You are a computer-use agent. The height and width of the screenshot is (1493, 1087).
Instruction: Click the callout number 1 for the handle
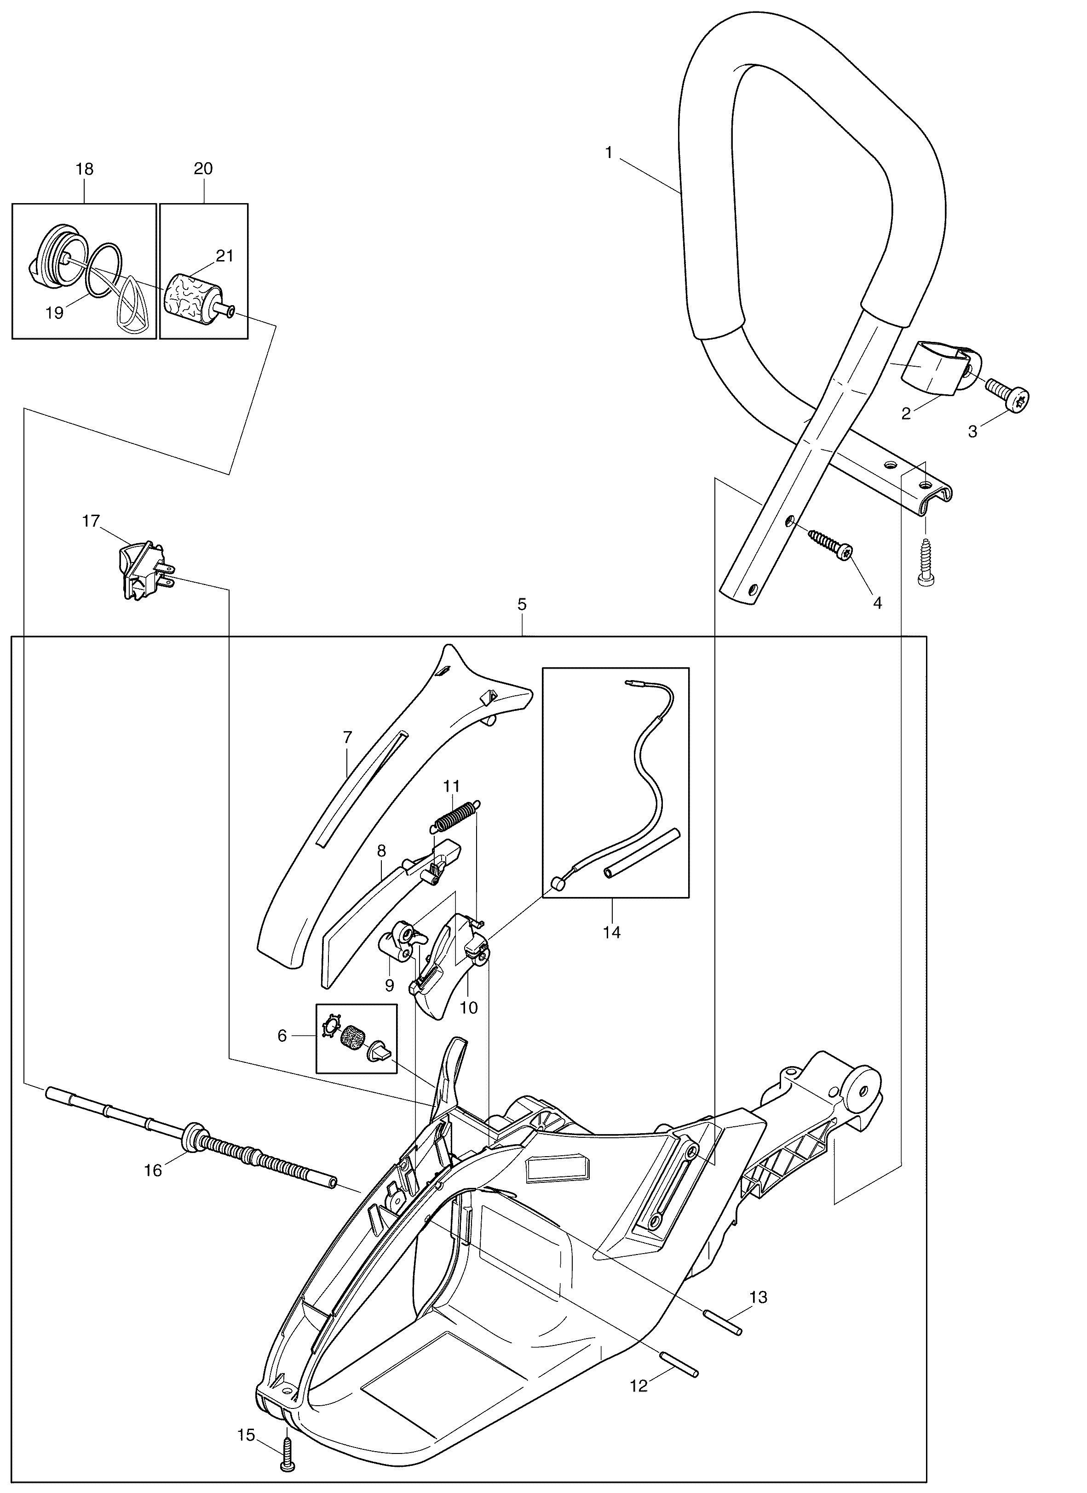coord(609,153)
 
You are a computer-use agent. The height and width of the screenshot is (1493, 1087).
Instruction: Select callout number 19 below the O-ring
coord(55,313)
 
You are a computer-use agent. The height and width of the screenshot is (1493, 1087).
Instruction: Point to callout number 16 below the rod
coord(153,1171)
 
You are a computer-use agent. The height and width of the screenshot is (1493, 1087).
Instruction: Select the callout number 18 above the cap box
coord(84,169)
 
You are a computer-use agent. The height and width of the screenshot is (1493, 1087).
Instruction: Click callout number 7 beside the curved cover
coord(348,737)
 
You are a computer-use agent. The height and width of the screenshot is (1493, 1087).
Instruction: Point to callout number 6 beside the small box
coord(282,1036)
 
